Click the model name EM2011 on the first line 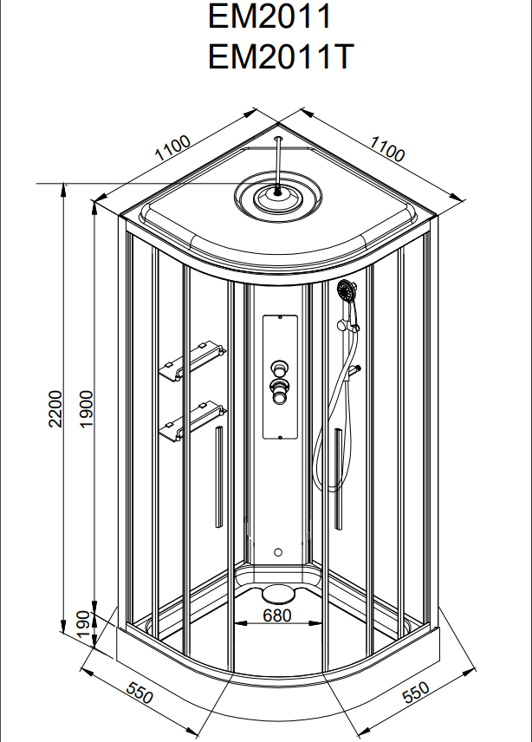point(270,16)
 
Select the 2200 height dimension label point(55,408)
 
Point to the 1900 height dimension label point(86,408)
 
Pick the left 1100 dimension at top point(172,151)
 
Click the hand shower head point(347,290)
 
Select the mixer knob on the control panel point(280,387)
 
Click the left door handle point(218,477)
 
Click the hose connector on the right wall point(354,372)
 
